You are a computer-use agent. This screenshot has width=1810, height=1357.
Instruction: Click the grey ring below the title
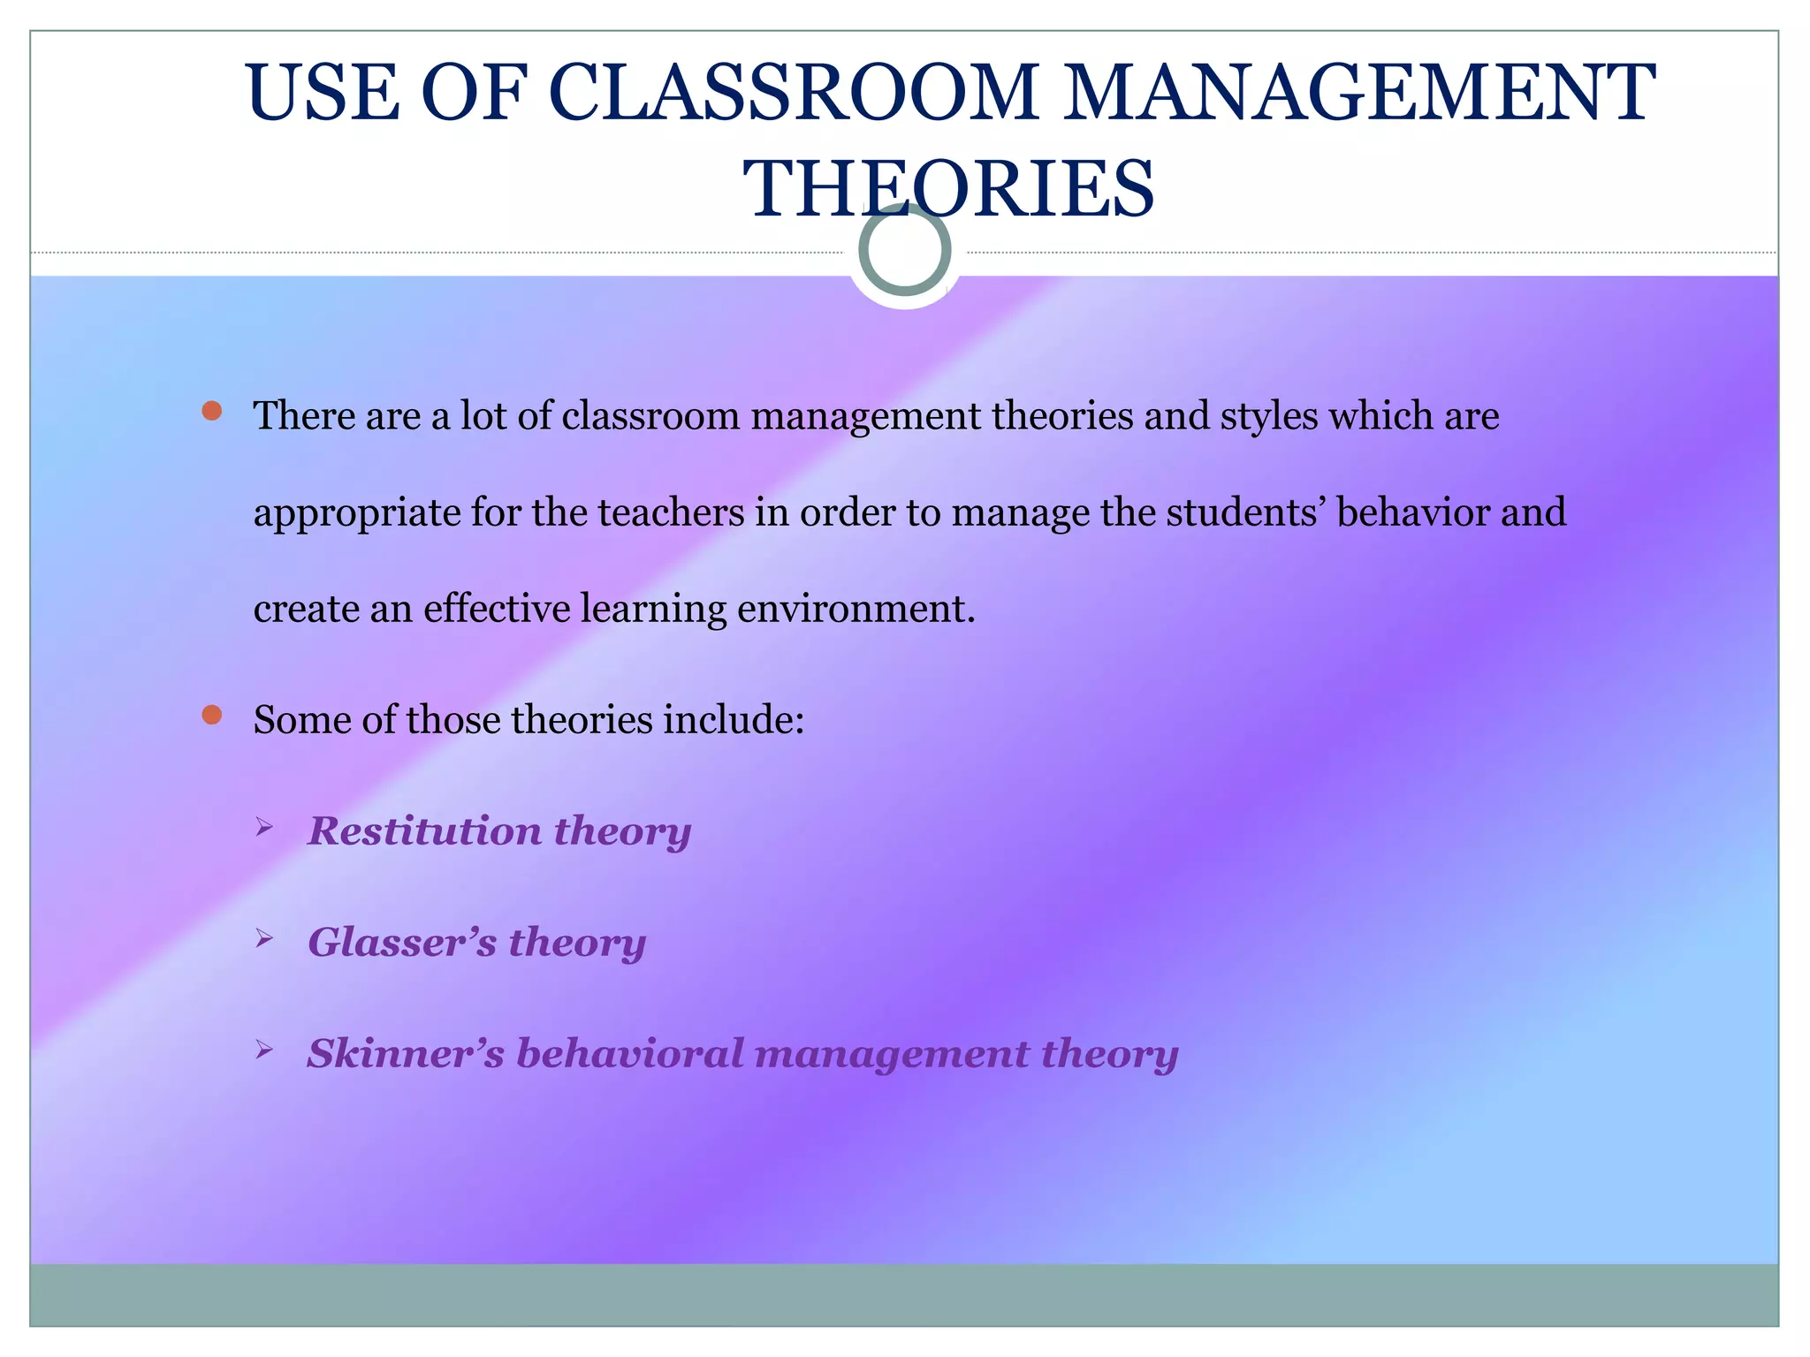[x=904, y=250]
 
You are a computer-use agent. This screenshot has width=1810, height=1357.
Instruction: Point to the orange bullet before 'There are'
[x=211, y=411]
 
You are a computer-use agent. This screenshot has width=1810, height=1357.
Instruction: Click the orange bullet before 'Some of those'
[x=211, y=715]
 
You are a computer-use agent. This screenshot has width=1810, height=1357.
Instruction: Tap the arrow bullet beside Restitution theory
[x=263, y=828]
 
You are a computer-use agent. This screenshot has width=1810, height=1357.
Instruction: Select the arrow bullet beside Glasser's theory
[x=263, y=939]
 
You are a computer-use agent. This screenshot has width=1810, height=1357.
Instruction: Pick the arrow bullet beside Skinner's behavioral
[x=263, y=1050]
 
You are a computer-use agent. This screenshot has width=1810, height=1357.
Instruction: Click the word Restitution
[x=424, y=830]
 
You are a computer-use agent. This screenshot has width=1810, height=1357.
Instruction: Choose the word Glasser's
[x=402, y=942]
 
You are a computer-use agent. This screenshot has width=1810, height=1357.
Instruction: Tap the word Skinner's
[x=406, y=1053]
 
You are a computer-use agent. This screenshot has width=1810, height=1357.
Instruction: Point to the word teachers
[x=671, y=512]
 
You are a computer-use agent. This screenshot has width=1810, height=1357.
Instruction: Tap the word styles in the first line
[x=1269, y=416]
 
